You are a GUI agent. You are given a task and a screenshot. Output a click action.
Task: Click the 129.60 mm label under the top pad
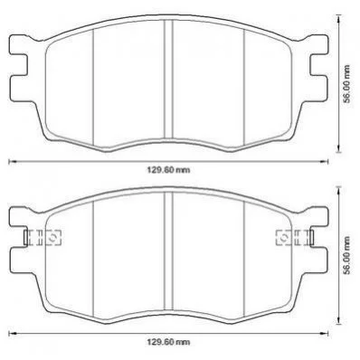168,170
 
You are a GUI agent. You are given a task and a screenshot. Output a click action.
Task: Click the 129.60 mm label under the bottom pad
168,342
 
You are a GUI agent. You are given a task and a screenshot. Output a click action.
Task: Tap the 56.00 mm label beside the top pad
347,84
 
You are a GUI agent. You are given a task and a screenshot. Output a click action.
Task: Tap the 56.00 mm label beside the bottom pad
347,255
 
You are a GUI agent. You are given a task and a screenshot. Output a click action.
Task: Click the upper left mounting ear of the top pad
19,45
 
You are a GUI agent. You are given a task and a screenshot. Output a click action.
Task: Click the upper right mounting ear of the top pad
319,45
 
